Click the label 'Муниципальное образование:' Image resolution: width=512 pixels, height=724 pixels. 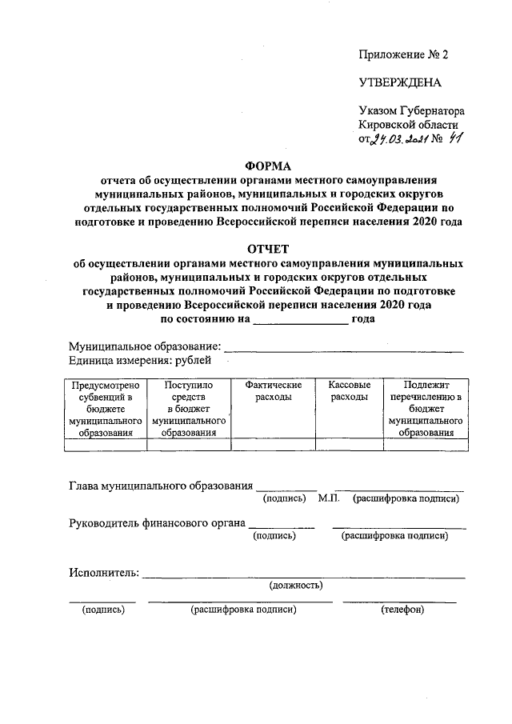tap(145, 346)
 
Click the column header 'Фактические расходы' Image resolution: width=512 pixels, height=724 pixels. tap(274, 390)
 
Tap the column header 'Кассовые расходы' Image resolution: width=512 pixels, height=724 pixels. tap(350, 390)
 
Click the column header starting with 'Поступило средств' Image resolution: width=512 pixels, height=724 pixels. tap(189, 408)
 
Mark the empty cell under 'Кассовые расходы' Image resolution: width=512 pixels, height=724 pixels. tap(350, 446)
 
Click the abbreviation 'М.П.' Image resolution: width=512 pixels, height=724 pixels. tap(330, 498)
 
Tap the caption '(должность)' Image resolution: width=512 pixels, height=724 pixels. tap(296, 585)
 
